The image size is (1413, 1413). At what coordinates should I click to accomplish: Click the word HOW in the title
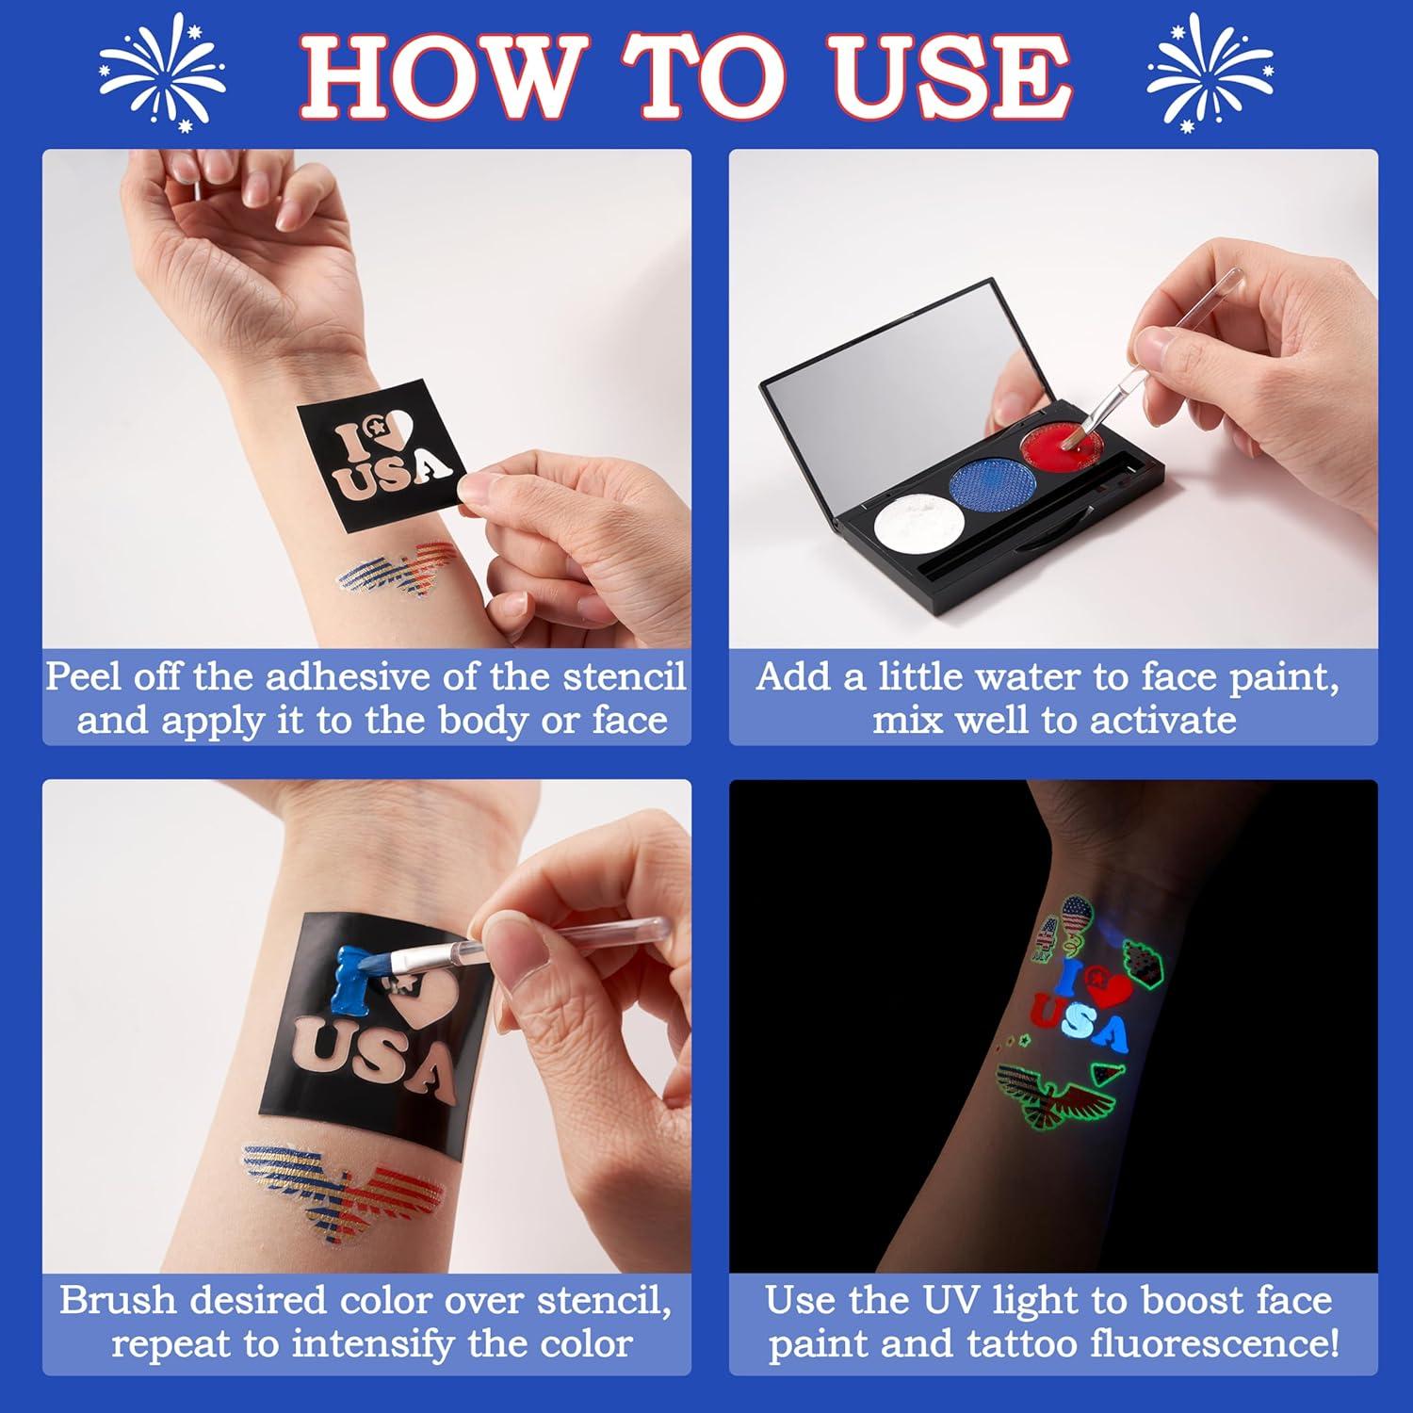pos(437,74)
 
